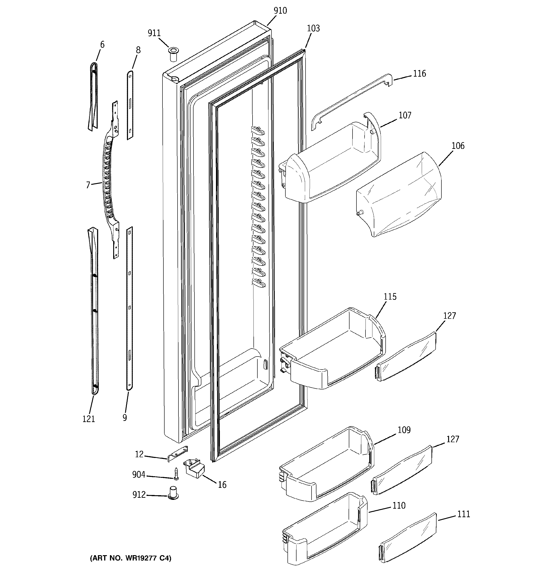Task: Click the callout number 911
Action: pyautogui.click(x=154, y=33)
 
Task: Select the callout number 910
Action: pyautogui.click(x=280, y=11)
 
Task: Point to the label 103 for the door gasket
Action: pyautogui.click(x=313, y=28)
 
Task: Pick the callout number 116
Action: pyautogui.click(x=419, y=74)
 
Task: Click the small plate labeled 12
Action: pyautogui.click(x=178, y=453)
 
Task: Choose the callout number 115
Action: pyautogui.click(x=390, y=297)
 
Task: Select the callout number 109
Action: pyautogui.click(x=404, y=430)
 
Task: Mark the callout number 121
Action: pyautogui.click(x=89, y=419)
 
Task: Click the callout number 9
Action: pyautogui.click(x=125, y=417)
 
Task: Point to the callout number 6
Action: pyautogui.click(x=102, y=45)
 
